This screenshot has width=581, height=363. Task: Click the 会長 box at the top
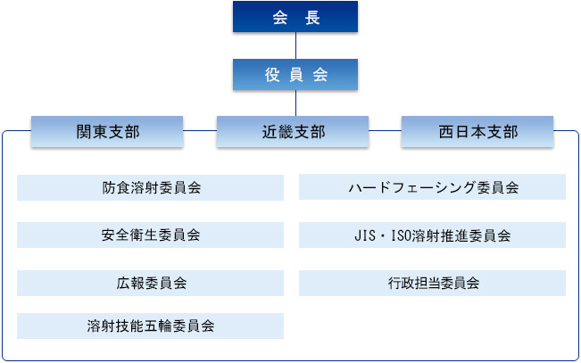coord(295,17)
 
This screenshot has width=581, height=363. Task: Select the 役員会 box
coord(295,74)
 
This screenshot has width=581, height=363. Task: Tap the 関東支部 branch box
coord(107,132)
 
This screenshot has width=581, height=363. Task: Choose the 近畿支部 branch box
coord(293,132)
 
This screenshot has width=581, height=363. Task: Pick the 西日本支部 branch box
coord(477,132)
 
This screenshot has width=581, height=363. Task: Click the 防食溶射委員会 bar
coord(151,188)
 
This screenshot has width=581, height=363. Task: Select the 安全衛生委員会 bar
coord(151,235)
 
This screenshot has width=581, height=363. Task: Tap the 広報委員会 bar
coord(151,283)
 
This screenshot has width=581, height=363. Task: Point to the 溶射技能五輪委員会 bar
coord(151,326)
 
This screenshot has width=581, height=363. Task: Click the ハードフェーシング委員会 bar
coord(433,187)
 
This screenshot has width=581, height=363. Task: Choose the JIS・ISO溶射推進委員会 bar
coord(433,235)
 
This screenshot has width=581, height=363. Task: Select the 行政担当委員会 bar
coord(433,283)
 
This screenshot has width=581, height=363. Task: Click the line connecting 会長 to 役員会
coord(295,45)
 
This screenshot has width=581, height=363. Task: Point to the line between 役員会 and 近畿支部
coord(295,103)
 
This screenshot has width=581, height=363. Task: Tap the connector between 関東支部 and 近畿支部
coord(200,130)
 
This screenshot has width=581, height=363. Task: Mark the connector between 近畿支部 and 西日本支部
coord(385,130)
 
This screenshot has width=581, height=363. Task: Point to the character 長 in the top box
coord(312,18)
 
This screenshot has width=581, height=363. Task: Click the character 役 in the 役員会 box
coord(272,75)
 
